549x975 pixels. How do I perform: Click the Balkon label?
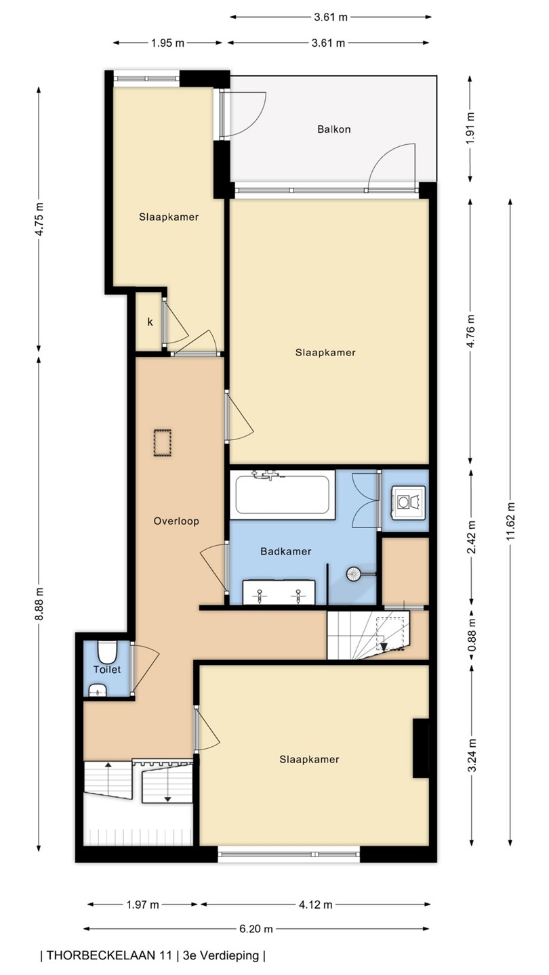coord(333,129)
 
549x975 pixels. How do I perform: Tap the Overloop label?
coord(176,521)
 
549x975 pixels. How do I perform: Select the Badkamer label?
coord(286,551)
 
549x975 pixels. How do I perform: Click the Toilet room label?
coord(107,670)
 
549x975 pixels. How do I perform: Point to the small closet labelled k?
coord(150,322)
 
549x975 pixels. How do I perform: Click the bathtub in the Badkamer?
coord(283,494)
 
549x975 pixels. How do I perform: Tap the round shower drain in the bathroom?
coord(353,574)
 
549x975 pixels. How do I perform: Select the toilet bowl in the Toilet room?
coord(106,651)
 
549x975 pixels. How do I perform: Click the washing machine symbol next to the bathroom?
coord(408,502)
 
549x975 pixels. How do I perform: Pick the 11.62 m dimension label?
coord(510,521)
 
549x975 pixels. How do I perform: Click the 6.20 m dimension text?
coord(256,928)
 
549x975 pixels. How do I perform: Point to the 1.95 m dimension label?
coord(168,43)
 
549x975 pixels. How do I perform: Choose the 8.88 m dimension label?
coord(39,604)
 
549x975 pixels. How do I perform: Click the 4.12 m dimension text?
coord(315,905)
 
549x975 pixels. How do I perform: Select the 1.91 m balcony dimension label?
coord(470,129)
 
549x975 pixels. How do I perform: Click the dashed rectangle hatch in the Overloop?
coord(162,443)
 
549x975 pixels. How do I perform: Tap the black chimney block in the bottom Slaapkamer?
coord(420,747)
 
